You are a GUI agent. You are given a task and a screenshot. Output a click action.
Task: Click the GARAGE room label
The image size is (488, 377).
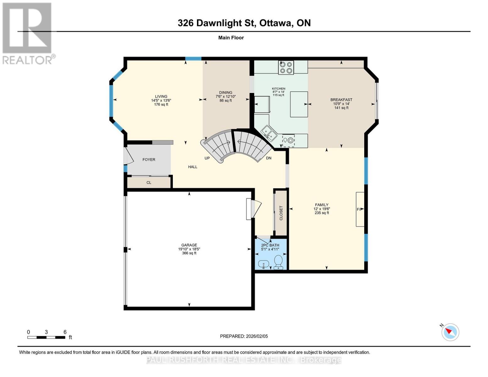189,245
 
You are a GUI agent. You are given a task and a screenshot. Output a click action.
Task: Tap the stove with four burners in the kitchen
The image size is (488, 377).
286,67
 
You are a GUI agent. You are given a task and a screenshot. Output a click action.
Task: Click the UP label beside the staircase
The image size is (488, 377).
207,158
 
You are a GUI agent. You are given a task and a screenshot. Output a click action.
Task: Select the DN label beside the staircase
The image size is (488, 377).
269,158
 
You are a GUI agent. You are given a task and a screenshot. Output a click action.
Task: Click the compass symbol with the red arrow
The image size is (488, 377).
450,332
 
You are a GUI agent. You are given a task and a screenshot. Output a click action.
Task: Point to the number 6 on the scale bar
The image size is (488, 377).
65,332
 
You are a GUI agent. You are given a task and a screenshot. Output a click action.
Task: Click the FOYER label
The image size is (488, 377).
149,160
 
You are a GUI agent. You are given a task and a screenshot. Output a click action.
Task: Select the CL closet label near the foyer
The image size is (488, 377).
149,183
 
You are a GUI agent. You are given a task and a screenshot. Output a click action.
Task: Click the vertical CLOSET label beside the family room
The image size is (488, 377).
281,213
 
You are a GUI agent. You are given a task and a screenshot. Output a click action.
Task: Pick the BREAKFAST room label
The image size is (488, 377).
341,100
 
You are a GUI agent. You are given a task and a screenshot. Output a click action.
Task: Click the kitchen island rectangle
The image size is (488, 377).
299,104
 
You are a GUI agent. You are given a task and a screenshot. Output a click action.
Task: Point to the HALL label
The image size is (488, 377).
193,167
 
